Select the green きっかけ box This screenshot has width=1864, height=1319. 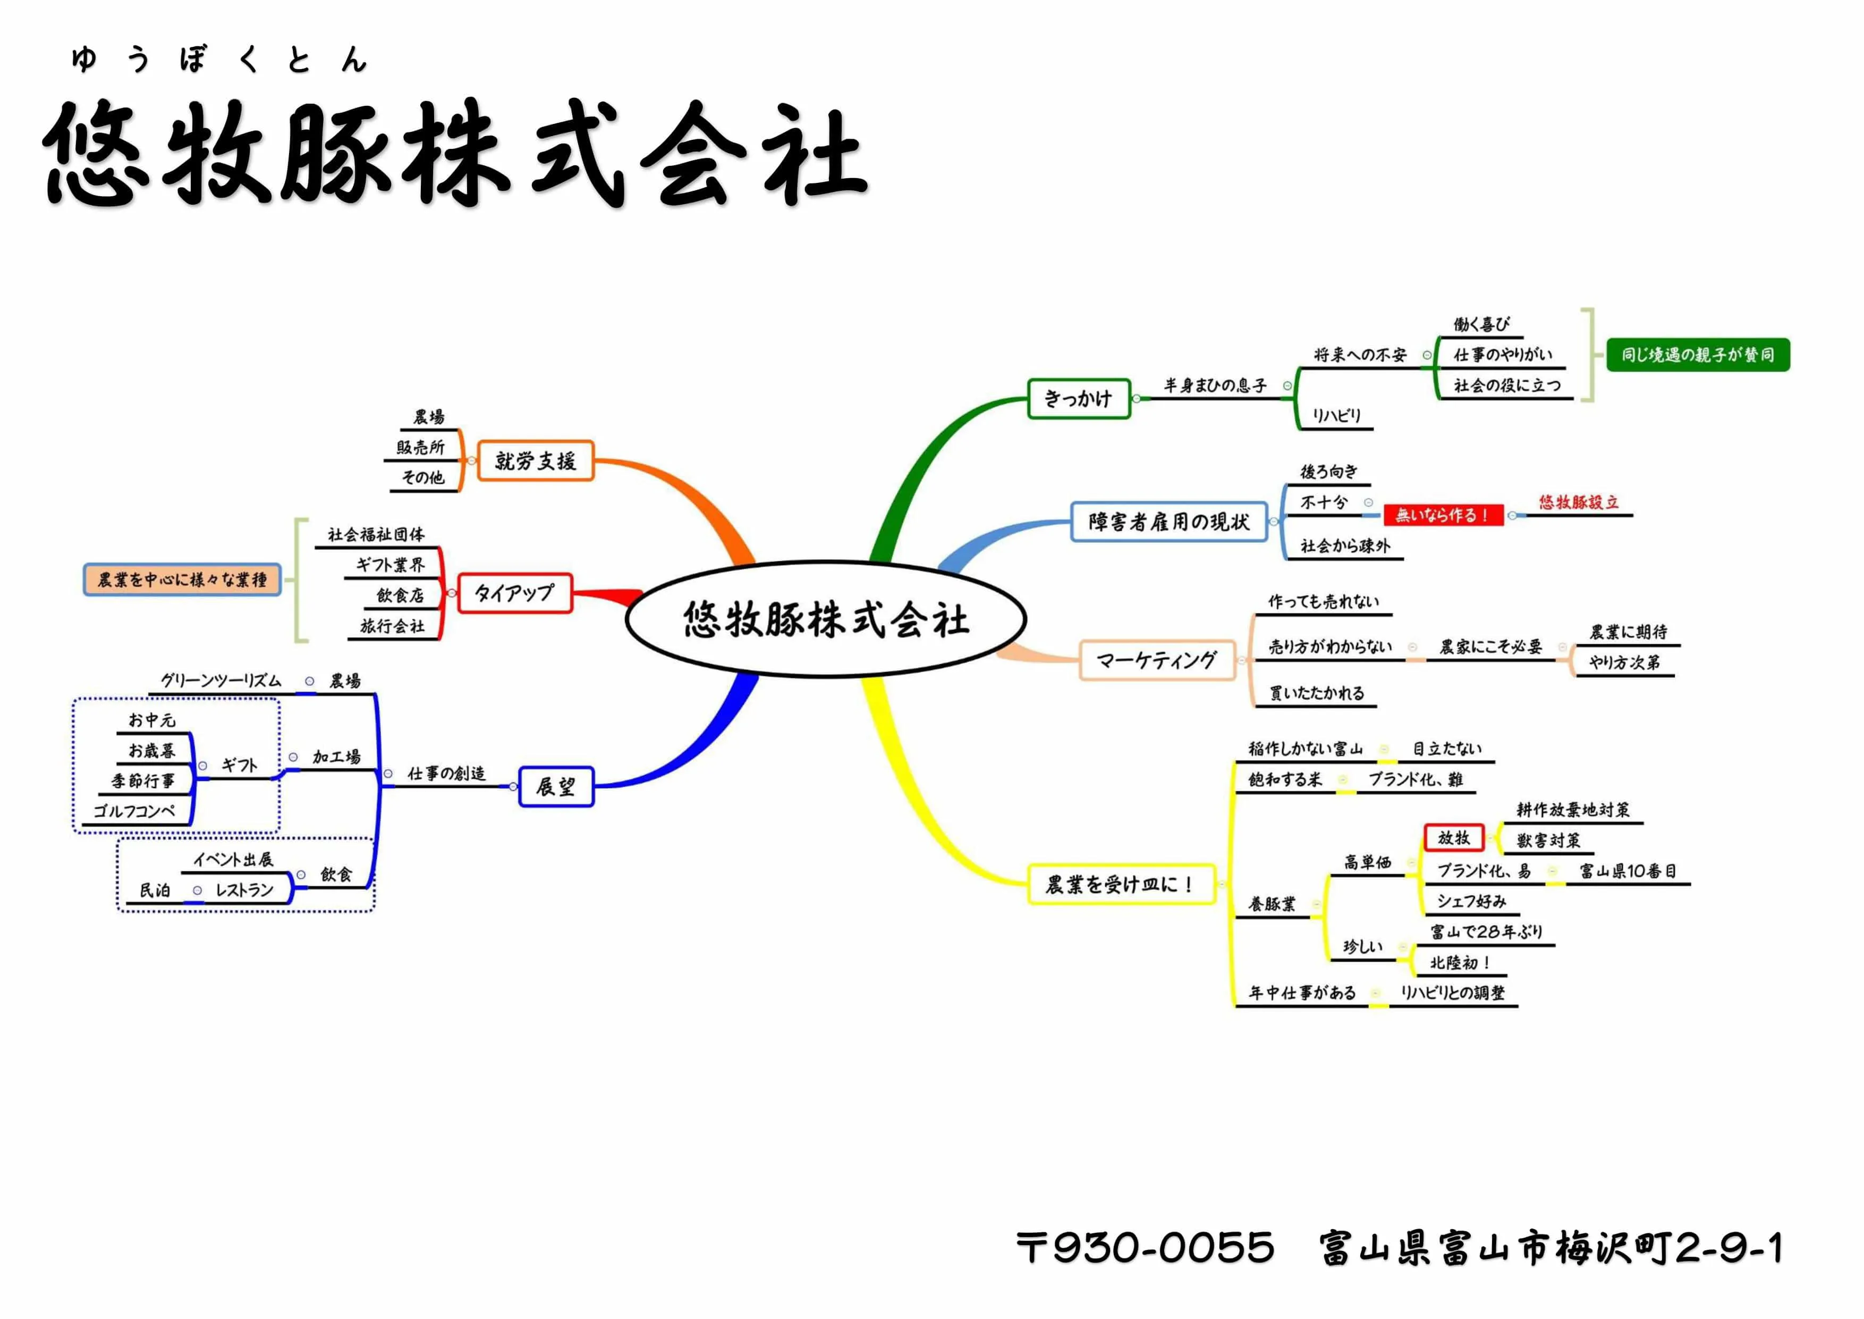coord(1078,399)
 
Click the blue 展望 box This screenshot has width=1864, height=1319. coord(556,786)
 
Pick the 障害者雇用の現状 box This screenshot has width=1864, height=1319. coord(1168,522)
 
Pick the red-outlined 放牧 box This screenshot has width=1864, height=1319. coord(1453,837)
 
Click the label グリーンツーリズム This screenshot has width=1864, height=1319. coord(221,680)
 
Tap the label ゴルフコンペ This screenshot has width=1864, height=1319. coord(135,811)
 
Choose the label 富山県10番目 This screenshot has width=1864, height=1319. coord(1628,871)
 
